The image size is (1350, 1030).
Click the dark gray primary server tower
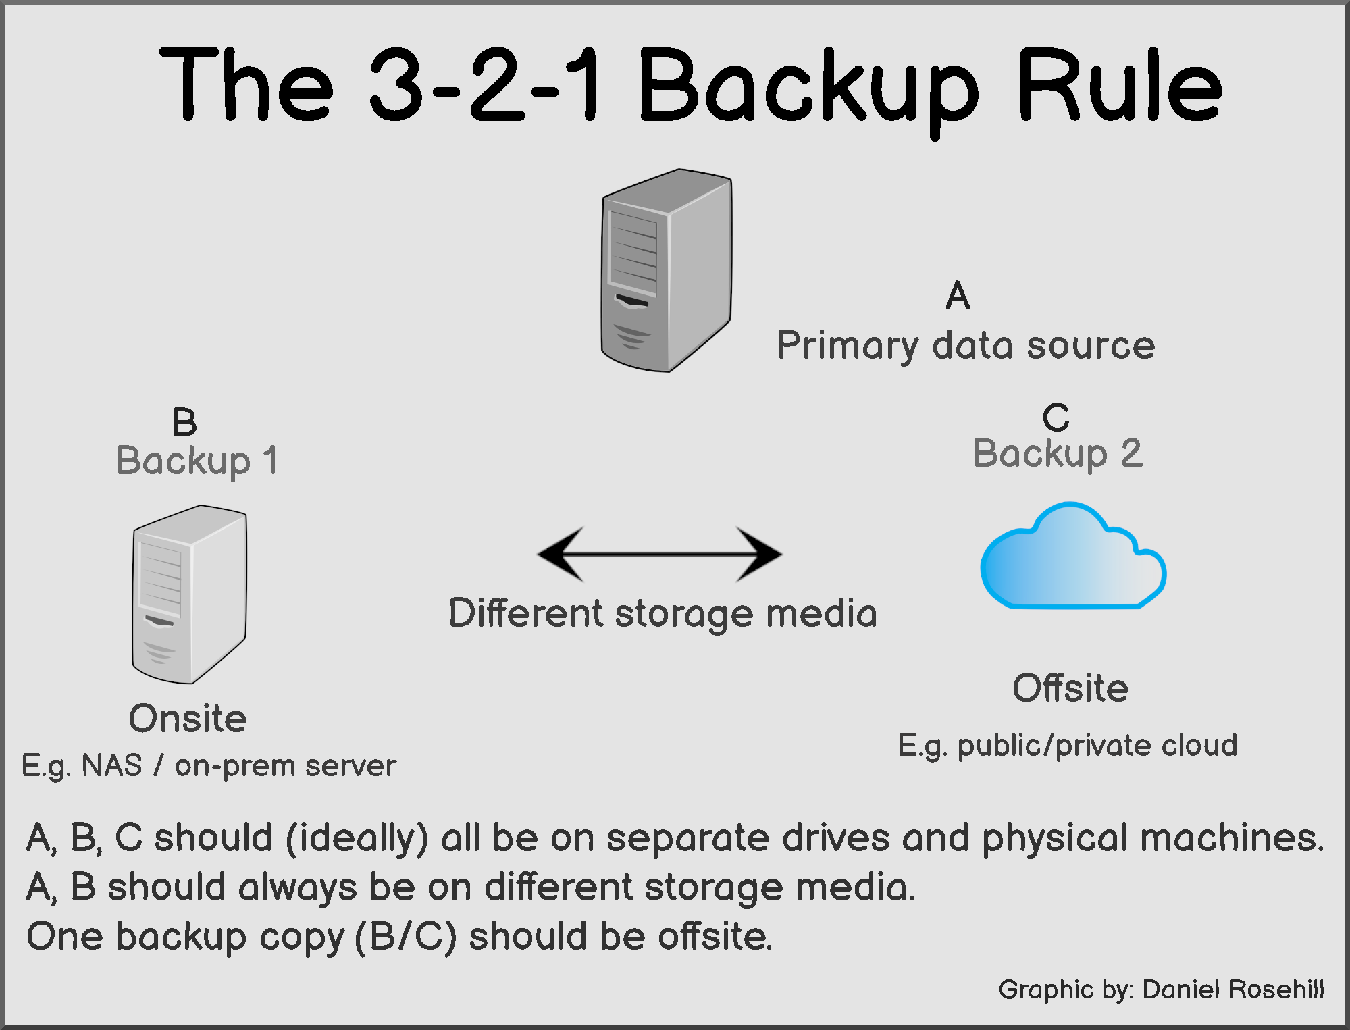(x=666, y=270)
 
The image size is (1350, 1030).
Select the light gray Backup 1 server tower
(x=189, y=594)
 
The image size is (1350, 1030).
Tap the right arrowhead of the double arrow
(x=759, y=554)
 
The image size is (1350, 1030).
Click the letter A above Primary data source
(x=958, y=296)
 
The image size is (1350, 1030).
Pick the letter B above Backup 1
(x=184, y=423)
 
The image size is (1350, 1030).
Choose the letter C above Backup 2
(x=1056, y=417)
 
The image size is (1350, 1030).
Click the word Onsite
(x=188, y=718)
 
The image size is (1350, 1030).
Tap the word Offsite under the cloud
(x=1070, y=688)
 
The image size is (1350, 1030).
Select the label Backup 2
(x=1058, y=453)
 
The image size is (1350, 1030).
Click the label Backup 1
(x=197, y=461)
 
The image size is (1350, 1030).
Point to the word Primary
(x=847, y=346)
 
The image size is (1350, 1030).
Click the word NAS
(x=112, y=766)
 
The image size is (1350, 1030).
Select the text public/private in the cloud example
(x=1054, y=746)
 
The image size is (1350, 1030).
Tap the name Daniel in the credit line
(x=1181, y=989)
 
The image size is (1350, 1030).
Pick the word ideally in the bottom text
(x=357, y=838)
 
